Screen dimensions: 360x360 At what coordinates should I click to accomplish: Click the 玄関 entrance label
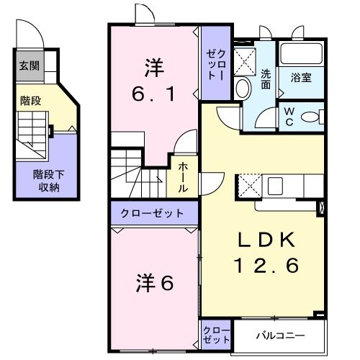(30, 67)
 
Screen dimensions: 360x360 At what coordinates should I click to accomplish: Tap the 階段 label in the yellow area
(30, 101)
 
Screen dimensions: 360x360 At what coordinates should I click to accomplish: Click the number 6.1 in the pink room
(153, 94)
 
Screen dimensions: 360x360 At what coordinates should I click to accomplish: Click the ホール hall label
(184, 176)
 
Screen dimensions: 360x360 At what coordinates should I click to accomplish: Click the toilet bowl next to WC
(312, 117)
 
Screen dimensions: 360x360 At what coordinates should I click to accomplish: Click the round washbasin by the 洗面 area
(242, 89)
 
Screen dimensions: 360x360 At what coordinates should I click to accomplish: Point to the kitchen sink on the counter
(277, 186)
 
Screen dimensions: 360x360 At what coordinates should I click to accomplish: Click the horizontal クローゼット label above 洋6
(152, 213)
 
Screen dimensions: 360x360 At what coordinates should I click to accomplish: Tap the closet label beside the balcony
(216, 335)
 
